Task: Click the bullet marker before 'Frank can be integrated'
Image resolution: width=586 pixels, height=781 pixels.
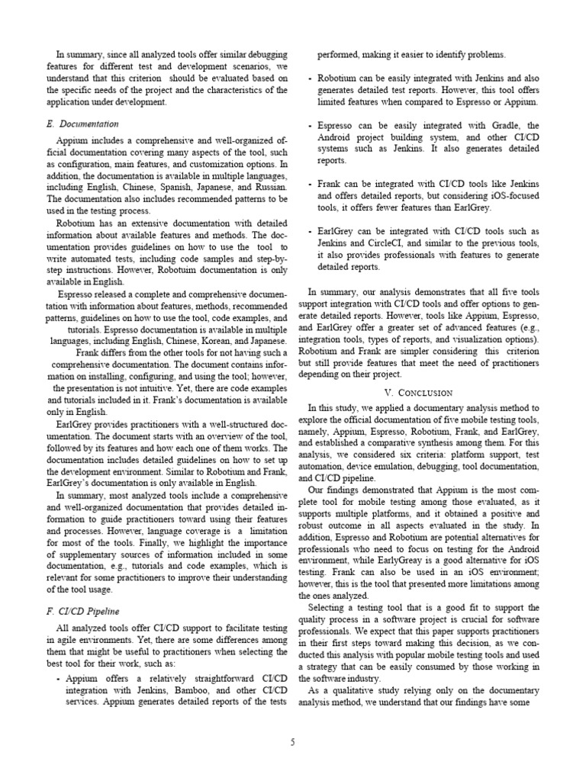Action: tap(310, 184)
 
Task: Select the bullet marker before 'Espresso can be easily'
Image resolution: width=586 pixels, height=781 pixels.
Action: tap(310, 126)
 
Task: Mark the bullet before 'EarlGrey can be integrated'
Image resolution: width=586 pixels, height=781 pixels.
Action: tap(310, 230)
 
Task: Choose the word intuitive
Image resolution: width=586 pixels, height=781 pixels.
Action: tap(162, 388)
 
